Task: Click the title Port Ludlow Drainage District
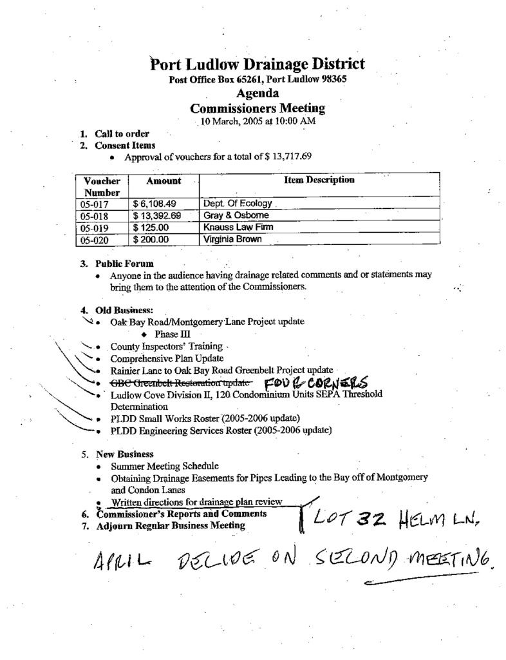tap(258, 64)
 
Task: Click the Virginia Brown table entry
tap(233, 239)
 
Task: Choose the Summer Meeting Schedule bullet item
tap(164, 465)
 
